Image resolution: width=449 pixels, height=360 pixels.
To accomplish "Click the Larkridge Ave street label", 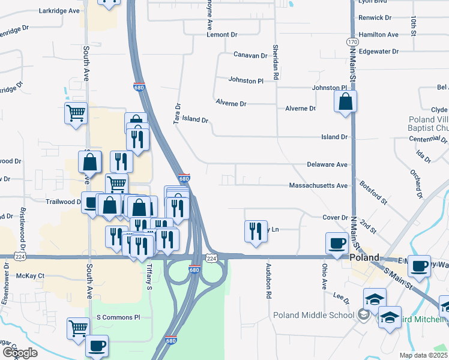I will [x=59, y=11].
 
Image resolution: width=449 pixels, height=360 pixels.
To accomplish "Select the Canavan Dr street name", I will [x=250, y=55].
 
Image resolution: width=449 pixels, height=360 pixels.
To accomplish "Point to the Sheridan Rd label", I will [x=276, y=62].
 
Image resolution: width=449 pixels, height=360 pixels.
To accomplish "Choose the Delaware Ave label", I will [x=327, y=164].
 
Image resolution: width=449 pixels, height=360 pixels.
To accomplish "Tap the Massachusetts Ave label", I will [x=318, y=186].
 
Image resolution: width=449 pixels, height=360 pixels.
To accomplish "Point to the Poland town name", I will [x=365, y=257].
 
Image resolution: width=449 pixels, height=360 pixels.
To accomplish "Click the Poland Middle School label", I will [x=313, y=315].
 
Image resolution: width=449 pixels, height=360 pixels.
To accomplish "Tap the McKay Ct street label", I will [x=31, y=276].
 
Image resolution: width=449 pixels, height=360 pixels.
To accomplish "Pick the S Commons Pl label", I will [x=118, y=317].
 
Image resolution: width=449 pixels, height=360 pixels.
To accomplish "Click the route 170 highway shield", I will [x=352, y=41].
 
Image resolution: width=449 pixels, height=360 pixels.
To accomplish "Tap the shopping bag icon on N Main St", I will [x=346, y=102].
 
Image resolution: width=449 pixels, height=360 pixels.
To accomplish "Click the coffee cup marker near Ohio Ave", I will [x=337, y=244].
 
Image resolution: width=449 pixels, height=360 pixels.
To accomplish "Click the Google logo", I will [x=19, y=353].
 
